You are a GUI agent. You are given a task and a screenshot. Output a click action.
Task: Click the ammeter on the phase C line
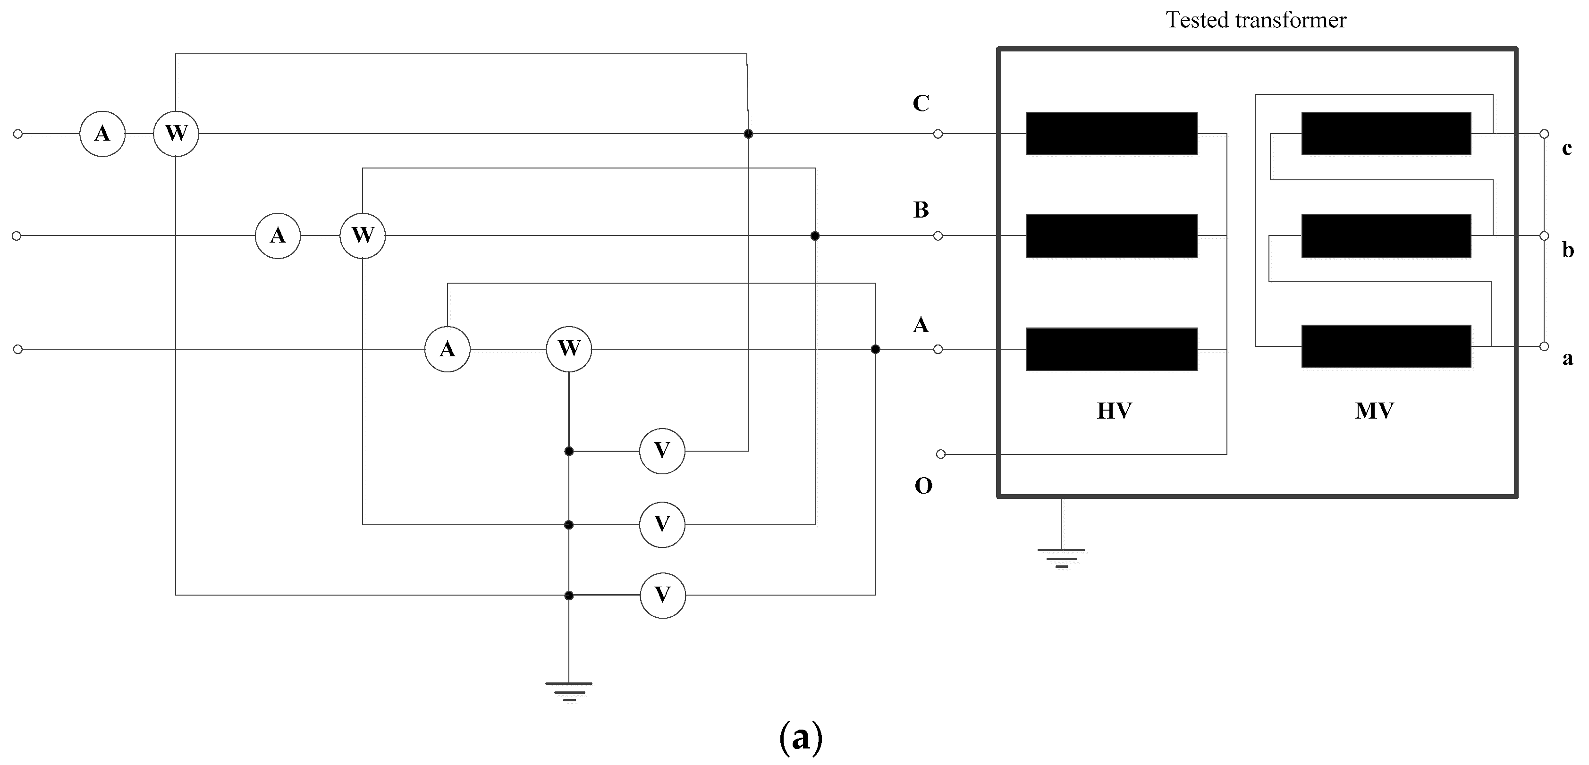click(x=102, y=134)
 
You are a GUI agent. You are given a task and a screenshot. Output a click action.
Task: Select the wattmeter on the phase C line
click(x=176, y=134)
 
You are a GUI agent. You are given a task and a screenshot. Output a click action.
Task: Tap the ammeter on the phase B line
click(x=278, y=235)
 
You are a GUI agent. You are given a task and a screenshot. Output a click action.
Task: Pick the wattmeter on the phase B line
click(x=363, y=235)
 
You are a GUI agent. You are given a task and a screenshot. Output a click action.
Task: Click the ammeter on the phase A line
click(x=447, y=350)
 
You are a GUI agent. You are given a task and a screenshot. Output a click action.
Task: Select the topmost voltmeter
click(x=662, y=451)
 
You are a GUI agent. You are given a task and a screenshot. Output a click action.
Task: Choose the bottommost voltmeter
click(x=662, y=596)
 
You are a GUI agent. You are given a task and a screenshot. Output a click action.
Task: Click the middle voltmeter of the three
click(x=662, y=525)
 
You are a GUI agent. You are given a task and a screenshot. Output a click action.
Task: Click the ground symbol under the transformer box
click(x=1061, y=558)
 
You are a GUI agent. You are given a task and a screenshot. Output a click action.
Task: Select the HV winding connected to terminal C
click(x=1112, y=133)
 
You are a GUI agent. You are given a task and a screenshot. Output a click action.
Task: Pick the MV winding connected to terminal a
click(x=1386, y=346)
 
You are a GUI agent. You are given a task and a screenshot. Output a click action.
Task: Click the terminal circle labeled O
click(x=941, y=454)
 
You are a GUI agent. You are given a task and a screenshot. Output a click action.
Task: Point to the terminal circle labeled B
click(x=938, y=236)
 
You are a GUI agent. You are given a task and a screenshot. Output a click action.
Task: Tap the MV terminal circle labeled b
click(x=1544, y=235)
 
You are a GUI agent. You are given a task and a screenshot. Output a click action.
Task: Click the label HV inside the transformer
click(x=1114, y=411)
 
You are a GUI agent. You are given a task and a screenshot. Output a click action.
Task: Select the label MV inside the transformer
click(x=1374, y=411)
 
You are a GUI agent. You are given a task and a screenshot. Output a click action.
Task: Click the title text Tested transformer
click(x=1256, y=20)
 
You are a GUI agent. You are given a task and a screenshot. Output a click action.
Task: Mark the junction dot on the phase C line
click(x=748, y=134)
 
